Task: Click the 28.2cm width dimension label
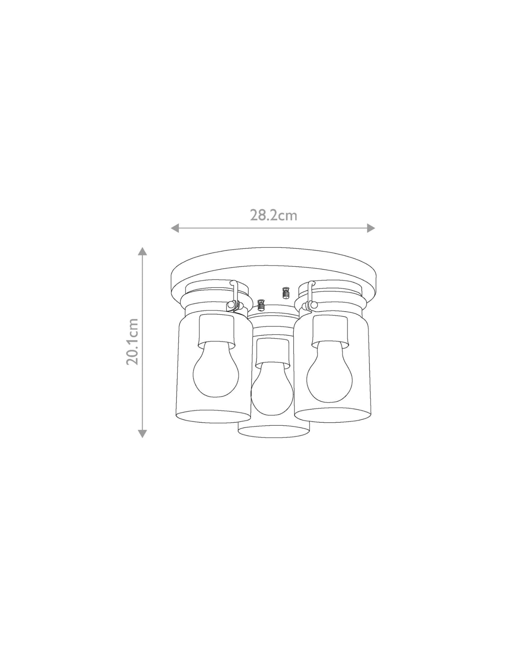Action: pos(273,215)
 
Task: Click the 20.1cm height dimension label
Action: pos(132,341)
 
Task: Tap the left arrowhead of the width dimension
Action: pos(175,228)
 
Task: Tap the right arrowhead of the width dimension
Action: pos(371,228)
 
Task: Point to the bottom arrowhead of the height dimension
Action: pos(142,434)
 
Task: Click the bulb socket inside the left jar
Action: pos(216,332)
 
